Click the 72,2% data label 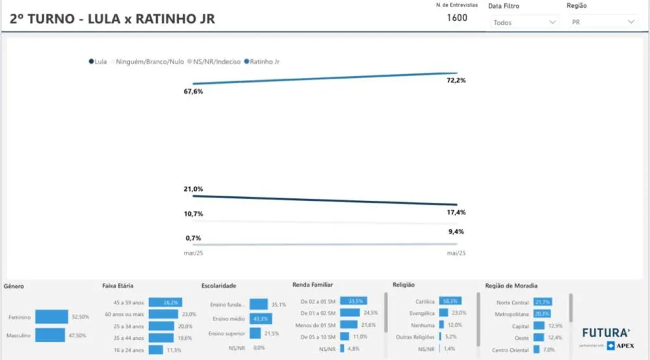pyautogui.click(x=456, y=81)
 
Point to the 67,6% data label pyautogui.click(x=193, y=92)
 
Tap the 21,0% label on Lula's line pyautogui.click(x=193, y=189)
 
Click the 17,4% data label pyautogui.click(x=456, y=212)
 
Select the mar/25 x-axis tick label pyautogui.click(x=193, y=253)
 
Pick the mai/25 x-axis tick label pyautogui.click(x=456, y=253)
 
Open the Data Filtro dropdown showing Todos pyautogui.click(x=524, y=22)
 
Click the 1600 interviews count pyautogui.click(x=457, y=18)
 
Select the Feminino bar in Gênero pyautogui.click(x=51, y=316)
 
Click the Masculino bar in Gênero pyautogui.click(x=51, y=335)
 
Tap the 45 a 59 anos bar pyautogui.click(x=165, y=302)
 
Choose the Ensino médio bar pyautogui.click(x=261, y=318)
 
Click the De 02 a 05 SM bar pyautogui.click(x=353, y=302)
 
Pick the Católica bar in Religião pyautogui.click(x=450, y=302)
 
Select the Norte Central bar pyautogui.click(x=542, y=302)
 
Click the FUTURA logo pyautogui.click(x=605, y=333)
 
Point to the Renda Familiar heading pyautogui.click(x=313, y=285)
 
